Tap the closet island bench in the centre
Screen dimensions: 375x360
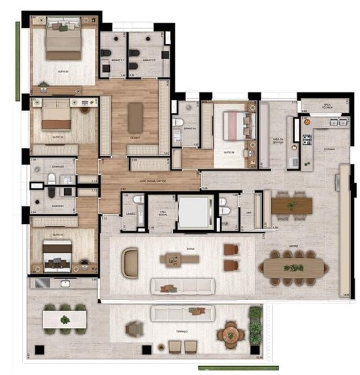pyautogui.click(x=136, y=117)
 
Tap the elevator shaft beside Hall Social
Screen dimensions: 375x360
pyautogui.click(x=192, y=212)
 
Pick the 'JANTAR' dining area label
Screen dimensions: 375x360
pyautogui.click(x=293, y=246)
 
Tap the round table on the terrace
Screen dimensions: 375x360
pyautogui.click(x=231, y=333)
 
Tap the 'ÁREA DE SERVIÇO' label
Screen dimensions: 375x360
pyautogui.click(x=277, y=141)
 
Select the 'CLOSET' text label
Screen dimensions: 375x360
pyautogui.click(x=136, y=135)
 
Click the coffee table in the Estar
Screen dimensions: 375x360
pyautogui.click(x=179, y=259)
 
